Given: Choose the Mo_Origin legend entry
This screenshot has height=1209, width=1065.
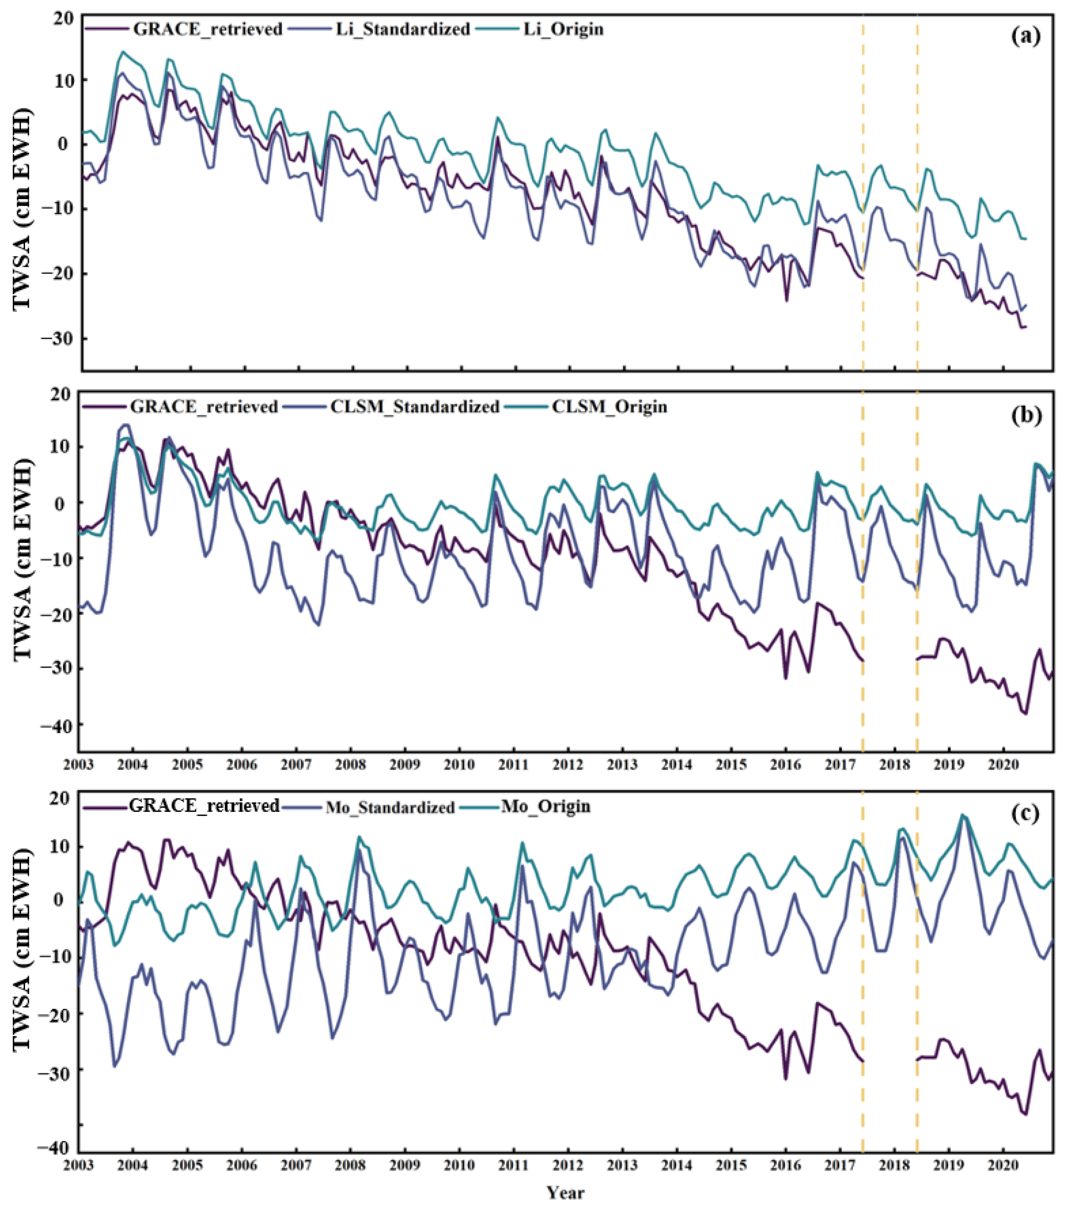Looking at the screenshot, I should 545,806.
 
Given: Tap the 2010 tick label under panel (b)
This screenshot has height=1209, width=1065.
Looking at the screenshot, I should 459,765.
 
